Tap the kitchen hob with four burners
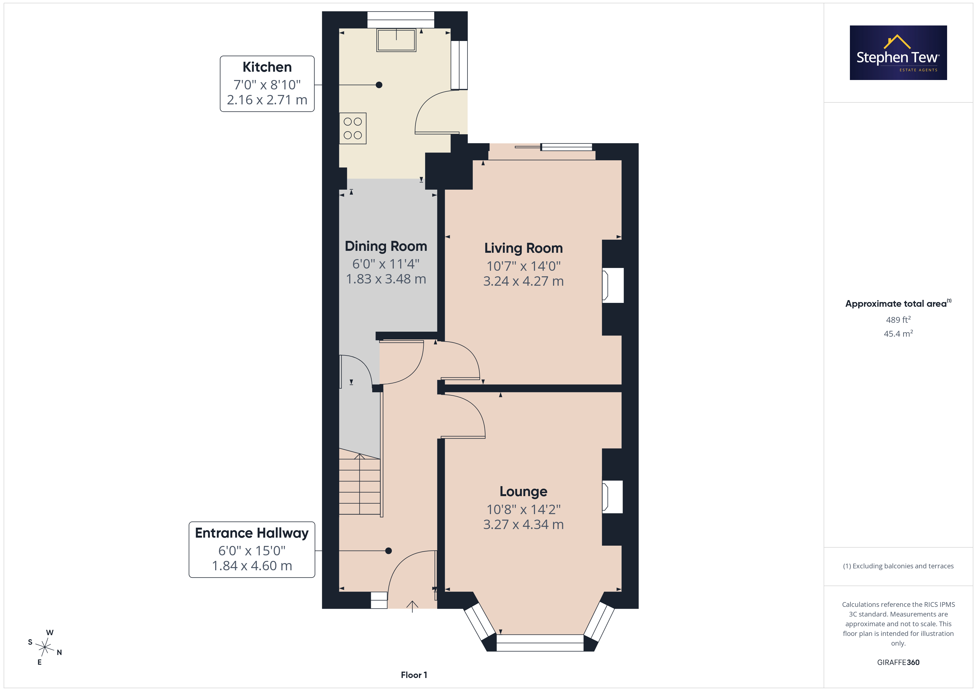pyautogui.click(x=353, y=128)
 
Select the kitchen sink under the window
pyautogui.click(x=396, y=40)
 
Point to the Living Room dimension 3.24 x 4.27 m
pyautogui.click(x=523, y=281)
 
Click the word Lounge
pyautogui.click(x=523, y=492)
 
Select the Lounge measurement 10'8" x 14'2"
pyautogui.click(x=523, y=509)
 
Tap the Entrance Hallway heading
pyautogui.click(x=252, y=533)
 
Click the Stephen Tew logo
pyautogui.click(x=898, y=53)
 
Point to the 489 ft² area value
pyautogui.click(x=898, y=319)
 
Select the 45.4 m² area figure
pyautogui.click(x=898, y=334)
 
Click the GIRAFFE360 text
pyautogui.click(x=898, y=662)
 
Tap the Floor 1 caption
pyautogui.click(x=414, y=675)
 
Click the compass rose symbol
pyautogui.click(x=45, y=647)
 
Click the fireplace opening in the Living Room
pyautogui.click(x=613, y=285)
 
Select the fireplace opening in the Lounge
pyautogui.click(x=612, y=497)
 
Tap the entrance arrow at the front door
pyautogui.click(x=412, y=606)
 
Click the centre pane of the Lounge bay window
pyautogui.click(x=540, y=643)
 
